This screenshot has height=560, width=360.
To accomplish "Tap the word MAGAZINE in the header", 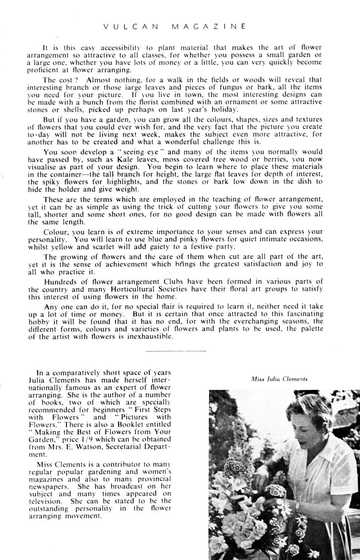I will click(x=209, y=26).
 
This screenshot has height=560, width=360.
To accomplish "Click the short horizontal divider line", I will click(x=176, y=350).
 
